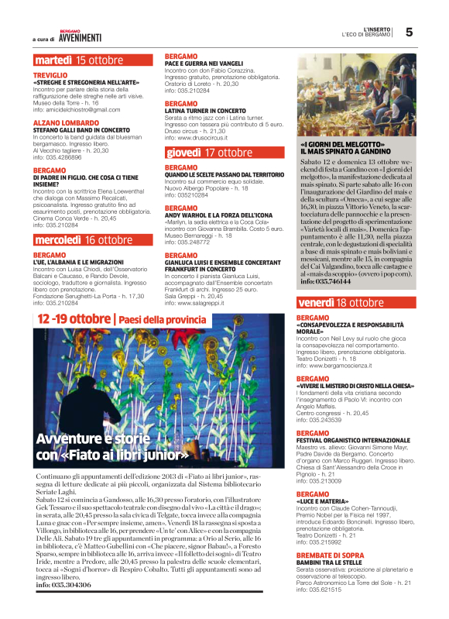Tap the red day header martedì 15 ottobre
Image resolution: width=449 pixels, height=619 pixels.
click(x=78, y=60)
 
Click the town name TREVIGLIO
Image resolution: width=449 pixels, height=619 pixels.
click(x=50, y=74)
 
